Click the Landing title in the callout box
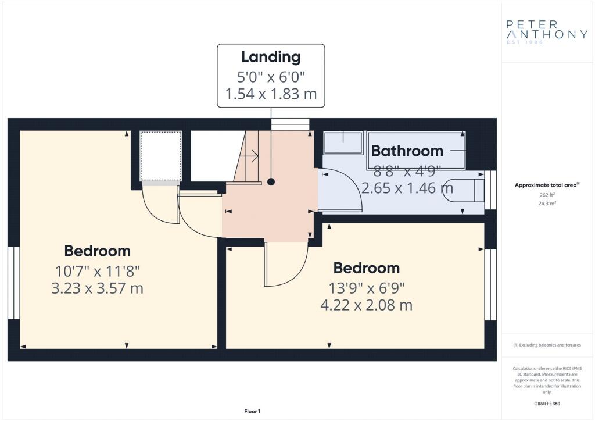(x=271, y=57)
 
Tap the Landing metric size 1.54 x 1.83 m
(x=271, y=94)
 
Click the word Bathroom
(x=407, y=151)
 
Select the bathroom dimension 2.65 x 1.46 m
(x=407, y=188)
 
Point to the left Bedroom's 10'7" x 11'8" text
(x=98, y=272)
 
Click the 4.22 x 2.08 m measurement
(x=366, y=305)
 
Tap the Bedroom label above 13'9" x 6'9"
(x=367, y=268)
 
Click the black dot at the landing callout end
(x=271, y=182)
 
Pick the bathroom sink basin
(x=343, y=142)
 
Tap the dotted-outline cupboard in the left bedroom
(x=161, y=156)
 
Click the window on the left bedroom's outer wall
(x=14, y=283)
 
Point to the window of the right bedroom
(x=490, y=285)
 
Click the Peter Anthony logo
(x=547, y=32)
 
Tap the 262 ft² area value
(x=547, y=195)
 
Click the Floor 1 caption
(x=252, y=411)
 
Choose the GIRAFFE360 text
(x=547, y=404)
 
